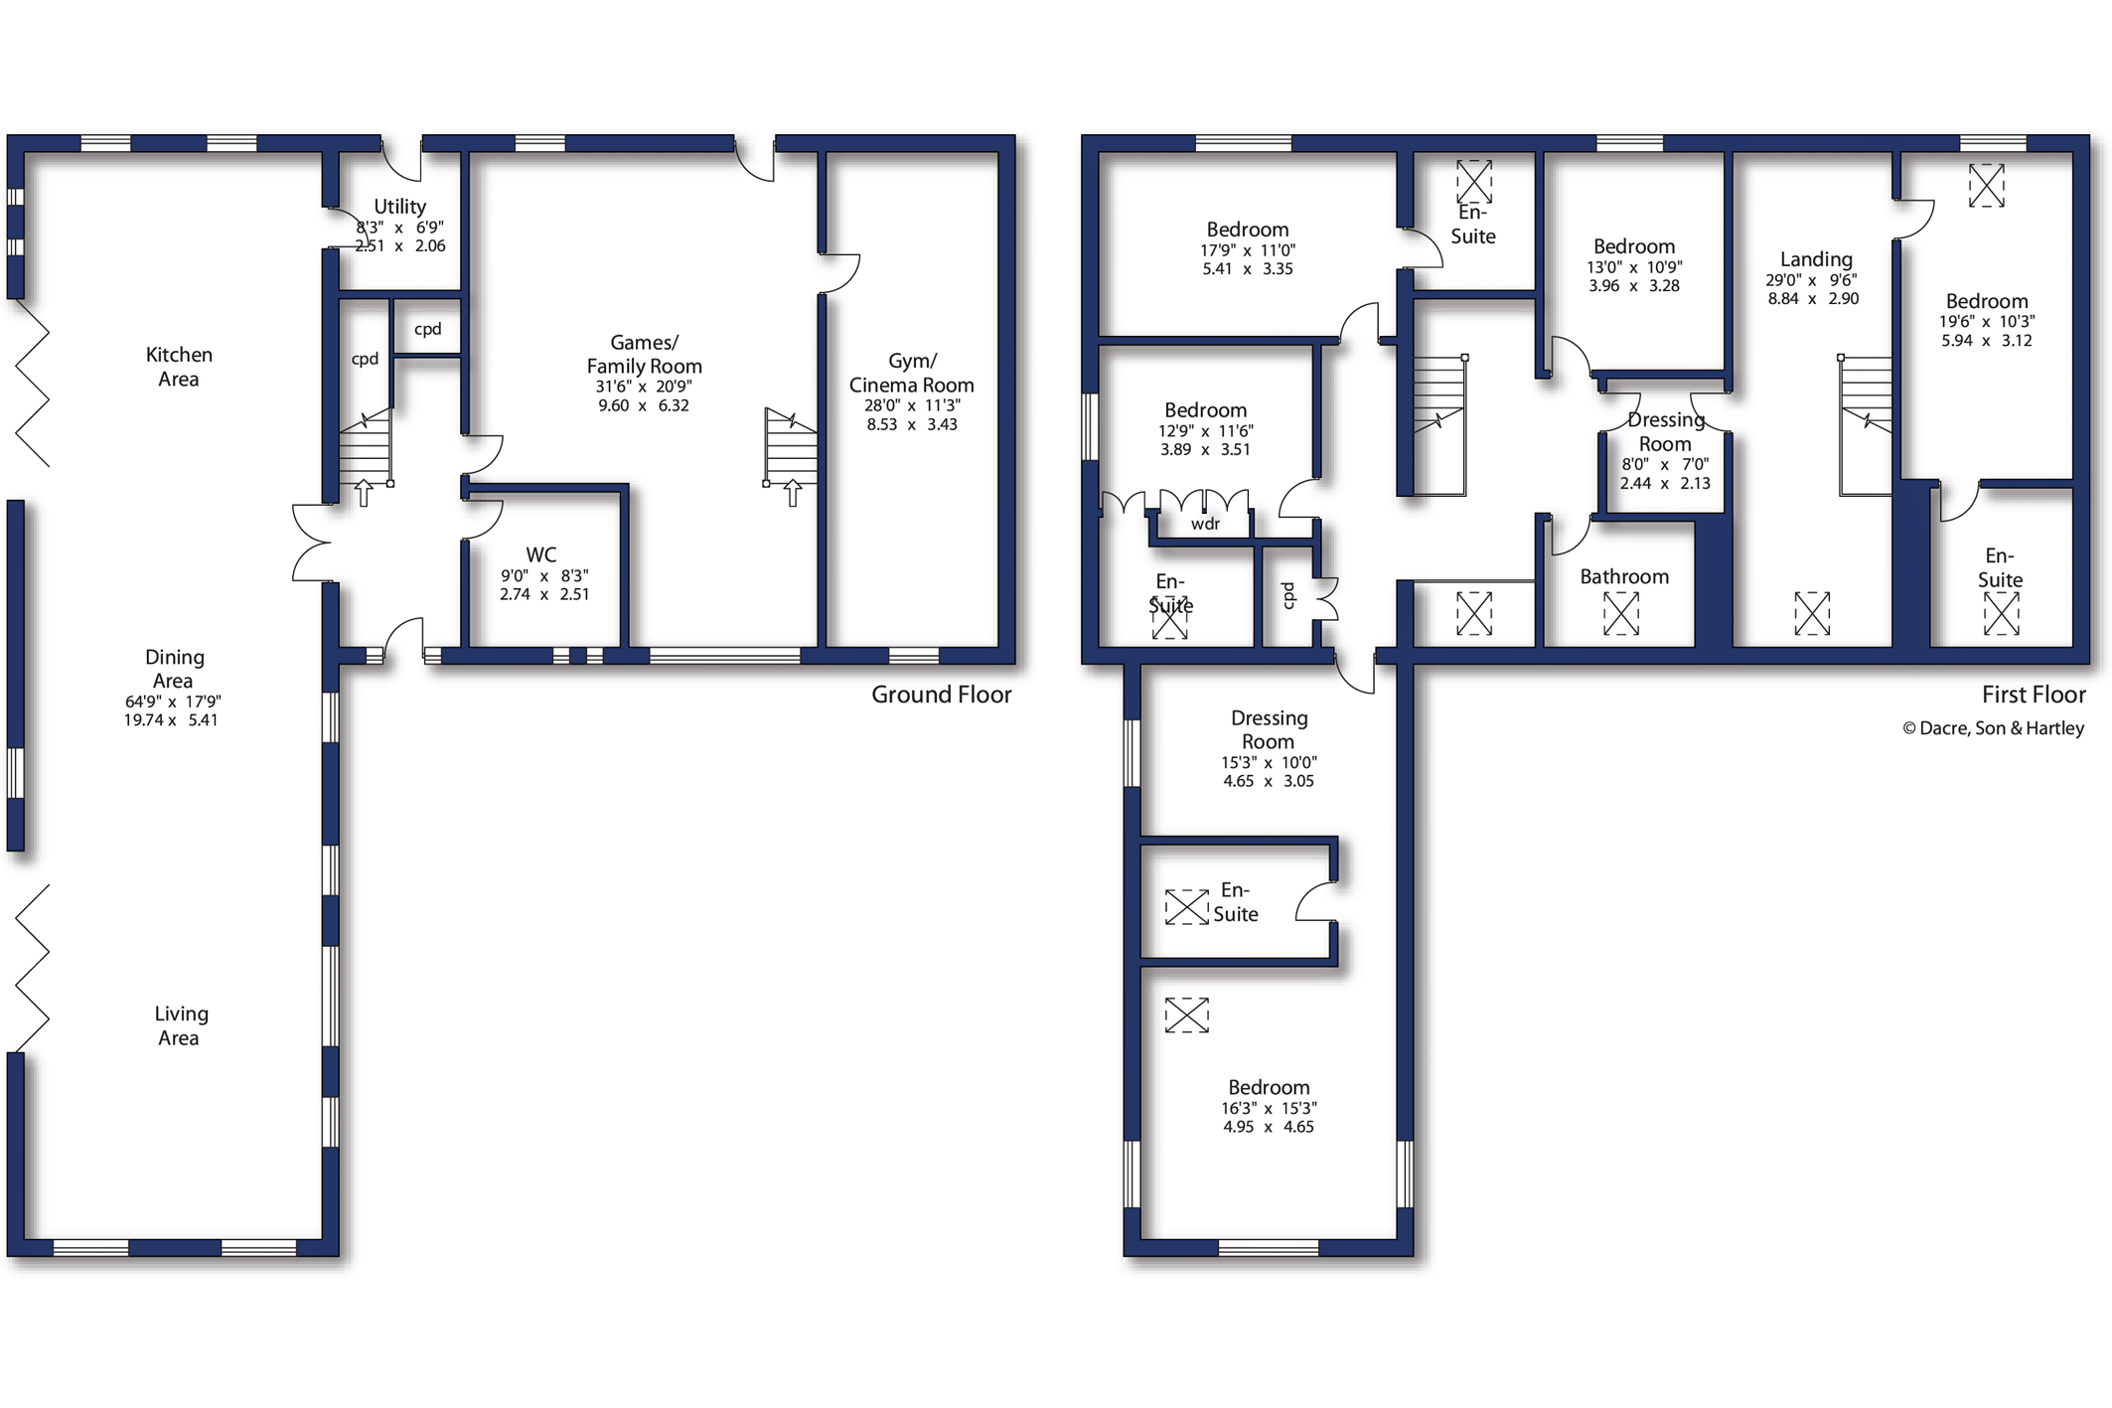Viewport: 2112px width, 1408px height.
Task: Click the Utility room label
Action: click(399, 207)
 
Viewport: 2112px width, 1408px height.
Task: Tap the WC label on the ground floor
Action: click(541, 554)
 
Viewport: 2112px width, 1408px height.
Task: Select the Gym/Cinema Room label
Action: click(912, 373)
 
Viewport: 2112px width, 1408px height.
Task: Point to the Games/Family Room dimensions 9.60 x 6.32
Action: click(644, 405)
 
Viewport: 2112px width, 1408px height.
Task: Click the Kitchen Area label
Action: click(179, 367)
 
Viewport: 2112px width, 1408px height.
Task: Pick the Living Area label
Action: click(181, 1025)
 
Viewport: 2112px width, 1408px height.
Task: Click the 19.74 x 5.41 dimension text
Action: click(171, 720)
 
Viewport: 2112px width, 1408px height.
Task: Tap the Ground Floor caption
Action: click(942, 695)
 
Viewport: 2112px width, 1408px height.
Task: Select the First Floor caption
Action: click(2034, 695)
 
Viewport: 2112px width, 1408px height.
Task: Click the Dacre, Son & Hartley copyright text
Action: click(1993, 728)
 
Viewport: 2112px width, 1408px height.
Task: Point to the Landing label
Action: click(1816, 259)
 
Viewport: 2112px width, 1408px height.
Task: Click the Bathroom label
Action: click(1624, 576)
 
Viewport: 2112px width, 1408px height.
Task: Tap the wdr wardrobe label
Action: click(1205, 524)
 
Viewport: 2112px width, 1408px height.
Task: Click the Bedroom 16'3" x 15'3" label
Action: click(1269, 1087)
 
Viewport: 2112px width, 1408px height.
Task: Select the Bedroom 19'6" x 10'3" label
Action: click(1987, 301)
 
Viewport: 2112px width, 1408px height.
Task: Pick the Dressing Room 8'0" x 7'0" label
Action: click(1665, 432)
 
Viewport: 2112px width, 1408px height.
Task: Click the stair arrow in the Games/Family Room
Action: click(793, 493)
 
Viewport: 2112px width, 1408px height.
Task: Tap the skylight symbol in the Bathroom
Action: click(1621, 613)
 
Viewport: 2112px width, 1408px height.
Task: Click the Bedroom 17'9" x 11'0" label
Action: click(1248, 230)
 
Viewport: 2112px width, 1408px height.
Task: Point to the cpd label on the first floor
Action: click(1288, 594)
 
